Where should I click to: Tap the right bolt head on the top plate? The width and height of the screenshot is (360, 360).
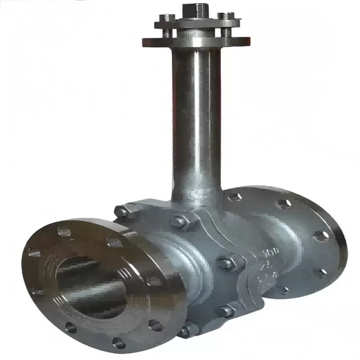tap(224, 16)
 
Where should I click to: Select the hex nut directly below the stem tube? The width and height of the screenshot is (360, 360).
tap(179, 221)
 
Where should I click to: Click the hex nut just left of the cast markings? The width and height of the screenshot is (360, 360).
tap(226, 263)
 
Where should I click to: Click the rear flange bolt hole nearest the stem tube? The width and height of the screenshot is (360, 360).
tap(234, 197)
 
